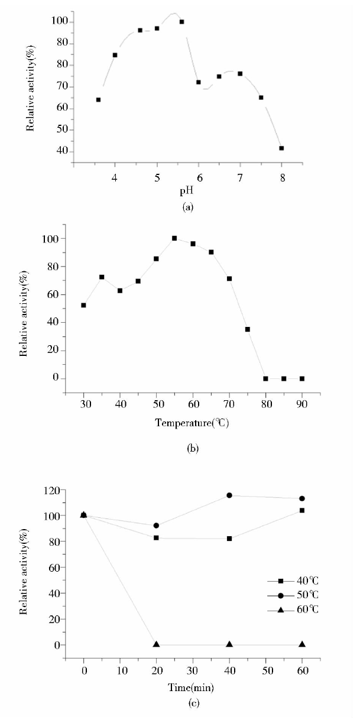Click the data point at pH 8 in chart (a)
(281, 148)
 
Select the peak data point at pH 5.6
(181, 22)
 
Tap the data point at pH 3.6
(98, 100)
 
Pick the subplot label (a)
(187, 207)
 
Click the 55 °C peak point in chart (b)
(174, 238)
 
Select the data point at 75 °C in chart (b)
(248, 329)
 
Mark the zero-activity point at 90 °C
(302, 378)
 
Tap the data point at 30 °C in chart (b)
(84, 305)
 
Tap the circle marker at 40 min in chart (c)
(229, 495)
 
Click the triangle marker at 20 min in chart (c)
(157, 644)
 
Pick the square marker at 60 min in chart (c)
(302, 510)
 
